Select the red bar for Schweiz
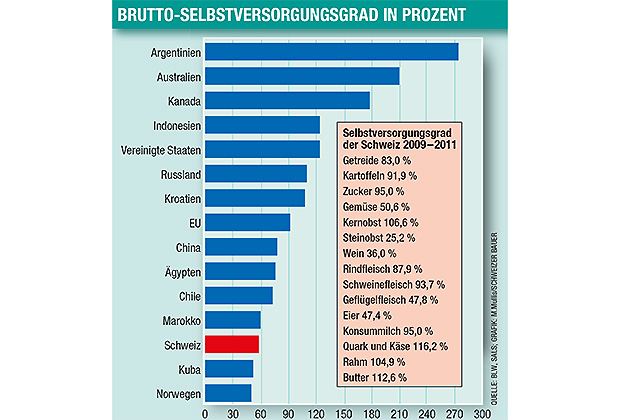(x=232, y=345)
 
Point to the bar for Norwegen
(x=228, y=393)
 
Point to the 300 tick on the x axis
(x=482, y=411)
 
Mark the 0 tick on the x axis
(x=205, y=411)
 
